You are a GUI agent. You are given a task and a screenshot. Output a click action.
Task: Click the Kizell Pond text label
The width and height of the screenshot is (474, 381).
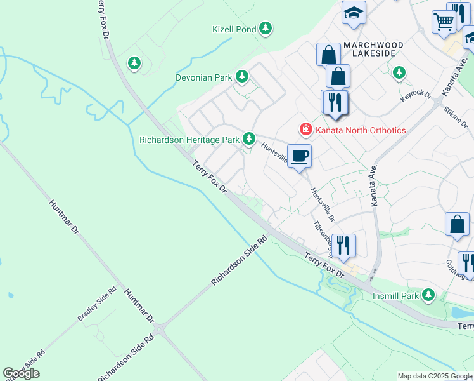234,29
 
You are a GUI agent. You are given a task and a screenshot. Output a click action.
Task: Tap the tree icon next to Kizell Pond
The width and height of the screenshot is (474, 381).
266,29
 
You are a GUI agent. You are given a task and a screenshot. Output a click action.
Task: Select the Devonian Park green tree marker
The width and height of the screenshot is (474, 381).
241,77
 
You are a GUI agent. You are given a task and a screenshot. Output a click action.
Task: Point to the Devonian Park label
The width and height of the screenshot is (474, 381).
204,77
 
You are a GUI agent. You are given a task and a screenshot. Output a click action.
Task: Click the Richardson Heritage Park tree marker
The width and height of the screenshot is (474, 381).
250,138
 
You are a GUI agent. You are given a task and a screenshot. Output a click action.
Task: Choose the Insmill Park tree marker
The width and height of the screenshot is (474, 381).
429,295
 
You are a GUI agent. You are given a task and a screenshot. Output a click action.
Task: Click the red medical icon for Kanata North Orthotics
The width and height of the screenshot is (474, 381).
306,130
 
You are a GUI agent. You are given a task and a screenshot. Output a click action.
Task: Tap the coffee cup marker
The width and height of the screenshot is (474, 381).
299,156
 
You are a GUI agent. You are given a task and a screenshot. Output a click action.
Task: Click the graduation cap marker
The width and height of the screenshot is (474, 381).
354,12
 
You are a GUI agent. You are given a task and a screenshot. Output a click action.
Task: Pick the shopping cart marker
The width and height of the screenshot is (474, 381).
444,22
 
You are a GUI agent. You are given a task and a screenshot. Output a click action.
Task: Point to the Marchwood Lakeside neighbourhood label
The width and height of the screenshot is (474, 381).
373,49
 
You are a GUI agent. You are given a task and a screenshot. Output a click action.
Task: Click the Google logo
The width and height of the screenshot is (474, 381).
21,373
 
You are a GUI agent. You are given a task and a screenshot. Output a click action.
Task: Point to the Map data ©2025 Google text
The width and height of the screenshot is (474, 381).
435,376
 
